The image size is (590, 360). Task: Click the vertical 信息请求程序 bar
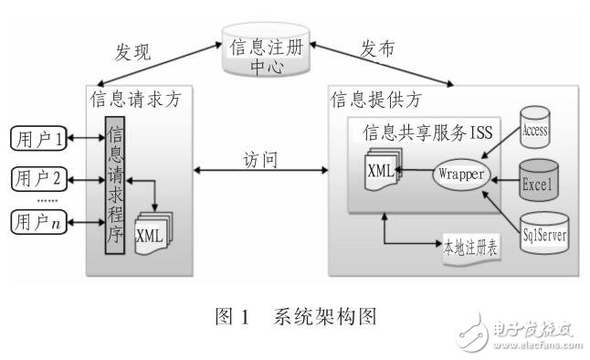click(114, 183)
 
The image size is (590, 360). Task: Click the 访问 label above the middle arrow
click(262, 159)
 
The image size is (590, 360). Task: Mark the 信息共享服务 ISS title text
click(427, 133)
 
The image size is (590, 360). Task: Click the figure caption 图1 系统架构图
click(293, 318)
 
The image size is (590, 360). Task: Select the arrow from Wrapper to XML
click(416, 171)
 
